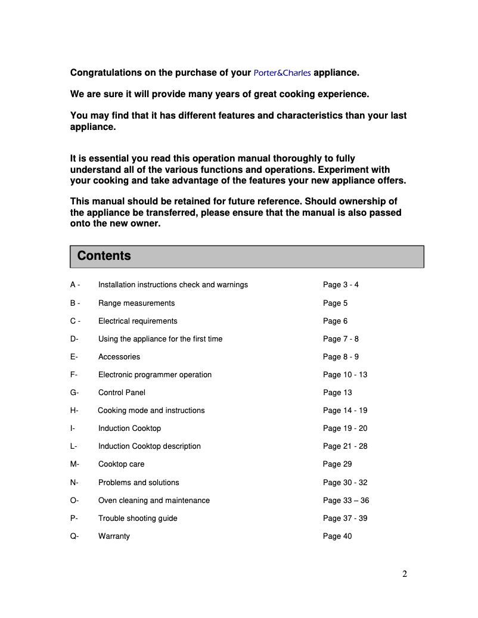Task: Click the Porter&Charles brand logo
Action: [x=282, y=73]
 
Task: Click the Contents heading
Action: [x=104, y=256]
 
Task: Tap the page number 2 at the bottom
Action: [x=405, y=574]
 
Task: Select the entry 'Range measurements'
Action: [x=136, y=303]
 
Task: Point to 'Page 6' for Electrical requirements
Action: [x=335, y=321]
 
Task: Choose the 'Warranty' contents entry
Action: [x=114, y=536]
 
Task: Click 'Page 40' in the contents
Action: [x=337, y=536]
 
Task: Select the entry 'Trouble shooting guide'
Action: [x=138, y=518]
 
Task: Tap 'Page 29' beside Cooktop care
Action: [x=337, y=464]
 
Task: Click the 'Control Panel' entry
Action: [x=122, y=393]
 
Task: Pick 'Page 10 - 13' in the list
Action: [x=345, y=375]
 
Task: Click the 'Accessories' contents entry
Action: [x=119, y=357]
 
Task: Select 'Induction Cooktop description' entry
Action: [x=150, y=446]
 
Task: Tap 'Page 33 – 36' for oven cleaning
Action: [x=346, y=501]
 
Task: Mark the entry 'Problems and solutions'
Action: [x=138, y=483]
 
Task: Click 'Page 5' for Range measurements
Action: [x=335, y=303]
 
